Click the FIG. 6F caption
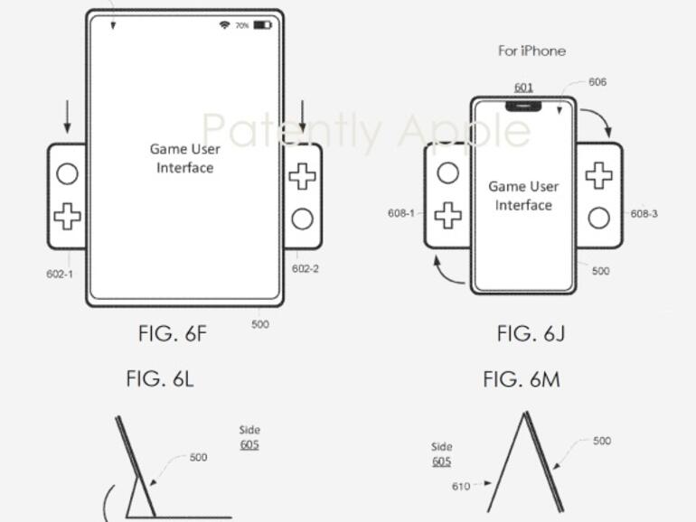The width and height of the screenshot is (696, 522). point(173,333)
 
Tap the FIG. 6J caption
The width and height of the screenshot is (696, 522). point(531,333)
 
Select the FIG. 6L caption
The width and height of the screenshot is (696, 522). point(160,379)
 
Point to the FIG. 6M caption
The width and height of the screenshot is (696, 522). point(522,379)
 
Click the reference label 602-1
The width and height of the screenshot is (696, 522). point(60,274)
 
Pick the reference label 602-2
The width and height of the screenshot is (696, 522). point(306,269)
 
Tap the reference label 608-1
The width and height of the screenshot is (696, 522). point(401,213)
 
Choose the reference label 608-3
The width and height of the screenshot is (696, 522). point(644,214)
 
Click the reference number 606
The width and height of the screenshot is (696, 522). point(597,82)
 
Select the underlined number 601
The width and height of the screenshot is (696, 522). point(523,88)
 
